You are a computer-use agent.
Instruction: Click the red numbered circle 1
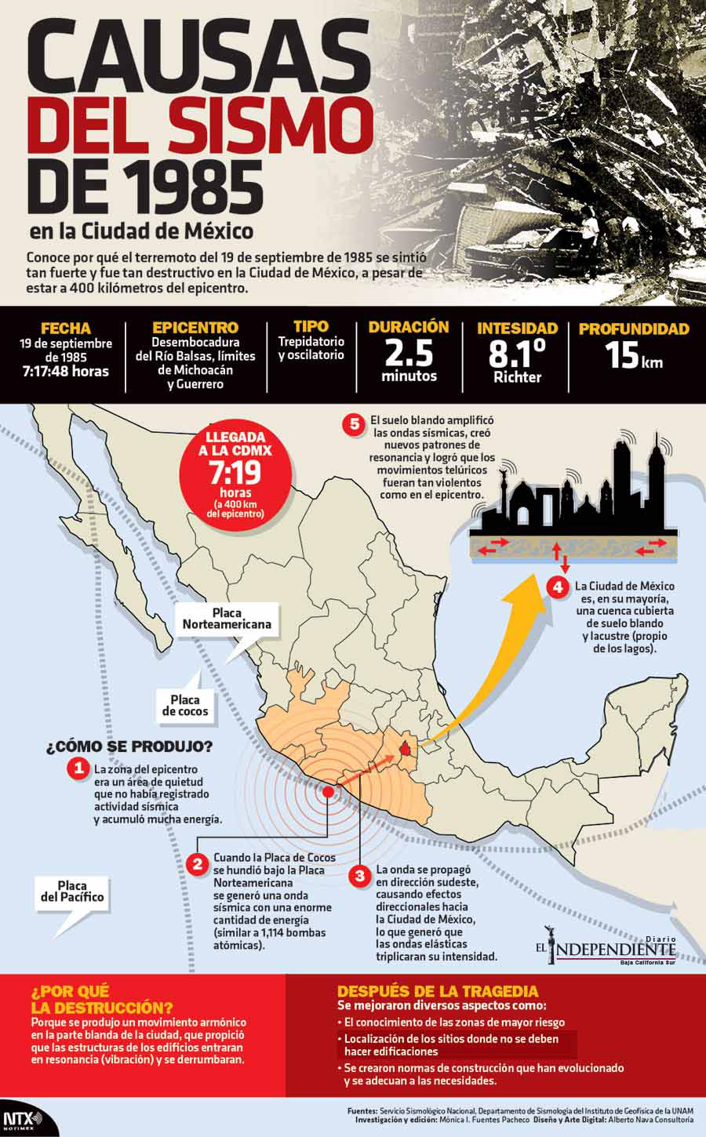pyautogui.click(x=78, y=768)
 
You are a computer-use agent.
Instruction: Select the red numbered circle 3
pyautogui.click(x=359, y=875)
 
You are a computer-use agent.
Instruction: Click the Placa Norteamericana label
pyautogui.click(x=227, y=619)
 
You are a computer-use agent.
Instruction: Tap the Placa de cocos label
pyautogui.click(x=186, y=705)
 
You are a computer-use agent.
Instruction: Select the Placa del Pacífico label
pyautogui.click(x=71, y=891)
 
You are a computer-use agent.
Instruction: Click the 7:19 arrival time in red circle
pyautogui.click(x=235, y=473)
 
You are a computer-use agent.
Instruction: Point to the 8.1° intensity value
pyautogui.click(x=517, y=354)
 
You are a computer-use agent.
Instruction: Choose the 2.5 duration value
pyautogui.click(x=409, y=354)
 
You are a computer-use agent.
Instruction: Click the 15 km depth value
pyautogui.click(x=633, y=357)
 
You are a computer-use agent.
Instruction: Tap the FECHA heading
pyautogui.click(x=66, y=329)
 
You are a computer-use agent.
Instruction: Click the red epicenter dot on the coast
pyautogui.click(x=327, y=791)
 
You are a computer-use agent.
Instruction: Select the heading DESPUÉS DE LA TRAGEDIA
pyautogui.click(x=438, y=990)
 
